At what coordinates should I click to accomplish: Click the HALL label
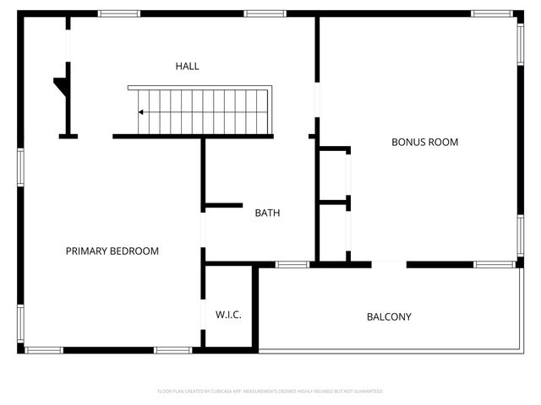click(187, 66)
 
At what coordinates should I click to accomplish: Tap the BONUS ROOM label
click(424, 142)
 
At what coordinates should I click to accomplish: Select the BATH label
click(267, 213)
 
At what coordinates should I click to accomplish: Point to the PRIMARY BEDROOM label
click(112, 251)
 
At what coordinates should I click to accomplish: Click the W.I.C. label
click(228, 315)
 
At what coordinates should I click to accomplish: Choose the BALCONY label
click(389, 317)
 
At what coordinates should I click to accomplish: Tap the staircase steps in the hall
click(203, 111)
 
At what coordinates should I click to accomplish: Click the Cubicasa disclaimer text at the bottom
click(270, 391)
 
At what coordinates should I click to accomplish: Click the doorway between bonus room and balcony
click(389, 264)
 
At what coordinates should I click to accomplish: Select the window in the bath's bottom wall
click(292, 264)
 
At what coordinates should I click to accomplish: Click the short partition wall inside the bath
click(223, 205)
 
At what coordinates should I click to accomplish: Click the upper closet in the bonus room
click(334, 175)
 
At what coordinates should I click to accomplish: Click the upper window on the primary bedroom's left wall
click(20, 165)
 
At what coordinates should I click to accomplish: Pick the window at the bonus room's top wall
click(491, 13)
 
